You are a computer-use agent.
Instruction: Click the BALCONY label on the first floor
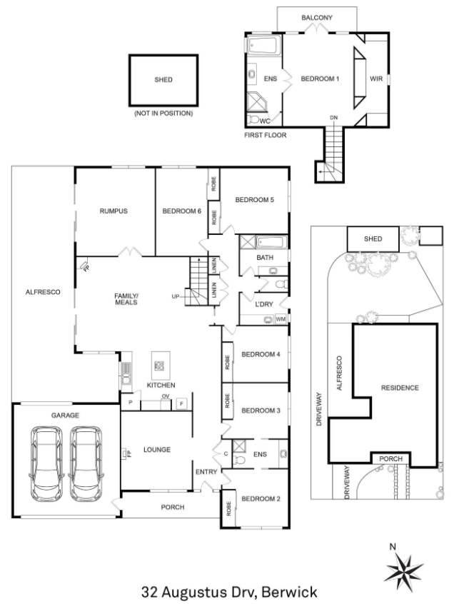tap(316, 18)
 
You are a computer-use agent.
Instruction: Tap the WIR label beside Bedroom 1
tap(375, 79)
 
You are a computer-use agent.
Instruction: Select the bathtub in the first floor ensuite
tap(264, 46)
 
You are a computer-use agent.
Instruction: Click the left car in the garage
tap(46, 463)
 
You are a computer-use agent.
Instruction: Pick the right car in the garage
tap(86, 463)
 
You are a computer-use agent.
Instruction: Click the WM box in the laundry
tap(281, 319)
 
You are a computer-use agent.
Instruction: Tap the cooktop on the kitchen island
tap(159, 366)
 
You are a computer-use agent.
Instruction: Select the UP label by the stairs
tap(176, 296)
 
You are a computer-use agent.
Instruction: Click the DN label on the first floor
tap(333, 118)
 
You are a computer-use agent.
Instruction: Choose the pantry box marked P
tap(131, 403)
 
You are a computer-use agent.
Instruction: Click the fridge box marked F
tap(181, 404)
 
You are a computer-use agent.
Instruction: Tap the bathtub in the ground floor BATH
tap(271, 242)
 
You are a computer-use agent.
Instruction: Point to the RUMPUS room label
tap(114, 211)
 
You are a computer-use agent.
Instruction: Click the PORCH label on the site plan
tap(391, 459)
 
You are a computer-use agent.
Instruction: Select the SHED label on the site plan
tap(373, 239)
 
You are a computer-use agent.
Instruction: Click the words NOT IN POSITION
tap(163, 114)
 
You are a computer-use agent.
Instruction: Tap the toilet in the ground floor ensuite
tap(240, 459)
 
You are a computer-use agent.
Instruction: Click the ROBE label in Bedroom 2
tap(228, 508)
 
